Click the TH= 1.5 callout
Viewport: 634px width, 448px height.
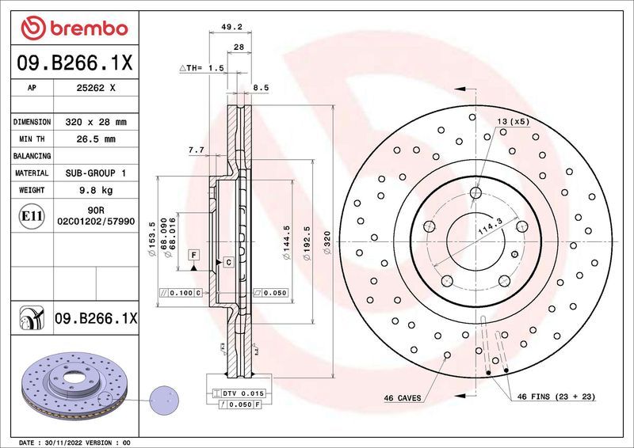tap(203, 69)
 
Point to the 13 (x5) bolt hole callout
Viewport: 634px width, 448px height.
tap(513, 121)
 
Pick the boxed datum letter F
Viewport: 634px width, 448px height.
tap(193, 254)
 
